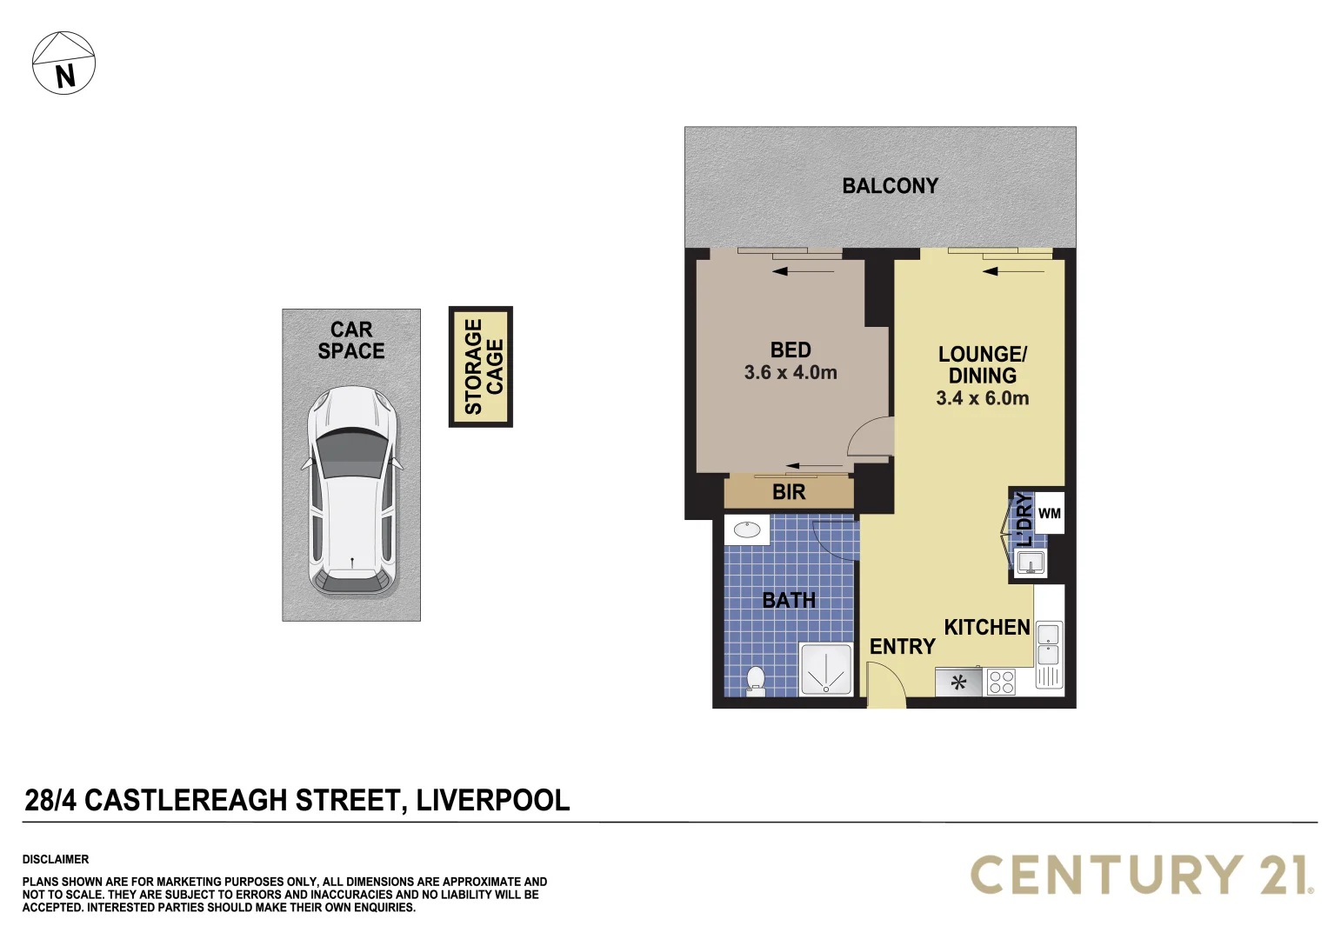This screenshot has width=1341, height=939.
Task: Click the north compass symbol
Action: coord(63,63)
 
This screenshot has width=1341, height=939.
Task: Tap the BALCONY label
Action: coord(890,186)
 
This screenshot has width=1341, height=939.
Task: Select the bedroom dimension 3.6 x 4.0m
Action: coord(791,373)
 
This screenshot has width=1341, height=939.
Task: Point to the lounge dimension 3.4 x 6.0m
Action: coord(982,398)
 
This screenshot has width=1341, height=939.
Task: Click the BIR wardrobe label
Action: coord(789,492)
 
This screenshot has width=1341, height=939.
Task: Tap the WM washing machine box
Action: coord(1050,514)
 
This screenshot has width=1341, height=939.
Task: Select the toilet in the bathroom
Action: coord(756,681)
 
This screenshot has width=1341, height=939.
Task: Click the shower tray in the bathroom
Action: coord(825,669)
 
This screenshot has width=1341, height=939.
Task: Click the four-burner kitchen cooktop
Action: coord(1001,682)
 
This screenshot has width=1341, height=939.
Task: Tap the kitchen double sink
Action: coord(1049,643)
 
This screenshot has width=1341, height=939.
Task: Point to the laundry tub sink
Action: coord(1031,563)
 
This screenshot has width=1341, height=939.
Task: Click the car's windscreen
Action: coord(352,453)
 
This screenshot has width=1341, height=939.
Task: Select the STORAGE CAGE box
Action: coord(481,367)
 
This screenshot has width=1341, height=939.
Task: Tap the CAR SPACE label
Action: coord(351,341)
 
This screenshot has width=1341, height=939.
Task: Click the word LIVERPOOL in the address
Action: coord(492,800)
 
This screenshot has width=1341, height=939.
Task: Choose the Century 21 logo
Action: coord(1141,875)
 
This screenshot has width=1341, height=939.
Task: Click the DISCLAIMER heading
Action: coord(56,859)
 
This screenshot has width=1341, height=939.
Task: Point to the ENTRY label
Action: coord(902,647)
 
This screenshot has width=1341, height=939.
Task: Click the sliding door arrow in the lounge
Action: coord(1013,272)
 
